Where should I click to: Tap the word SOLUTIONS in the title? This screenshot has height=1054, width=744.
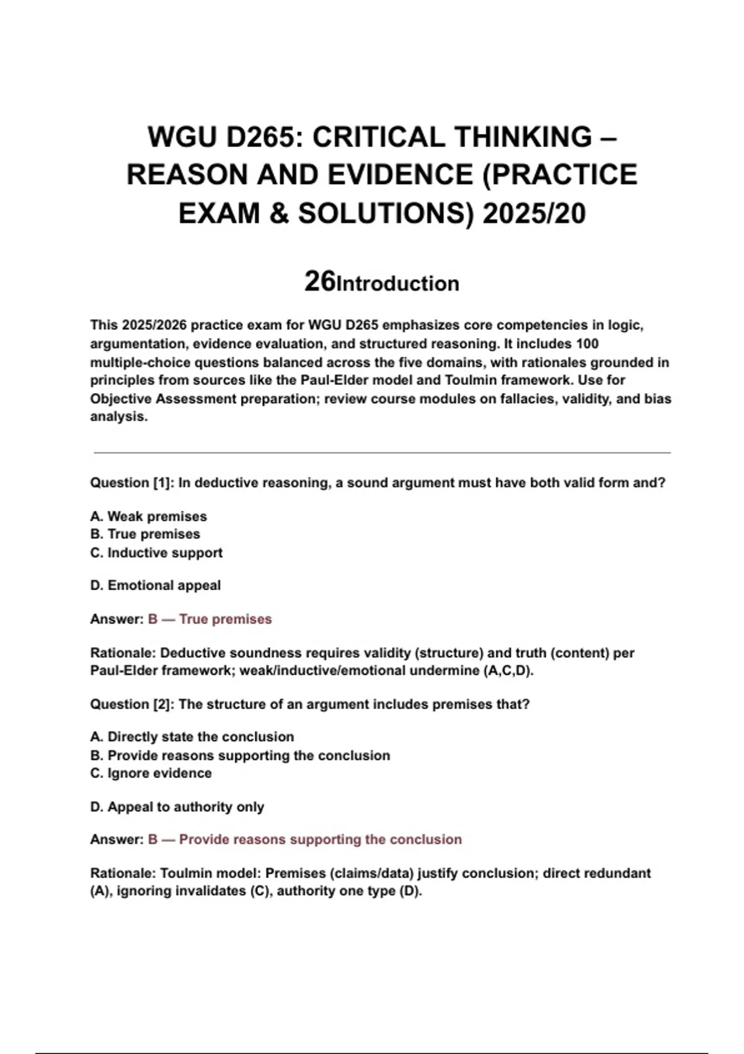point(381,213)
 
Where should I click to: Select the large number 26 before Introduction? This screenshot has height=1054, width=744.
point(319,281)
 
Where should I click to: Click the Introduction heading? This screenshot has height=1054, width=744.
point(397,284)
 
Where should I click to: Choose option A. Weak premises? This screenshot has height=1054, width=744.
point(149,516)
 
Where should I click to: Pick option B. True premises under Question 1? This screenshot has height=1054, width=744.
point(145,534)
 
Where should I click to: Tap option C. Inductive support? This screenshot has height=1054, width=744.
point(156,552)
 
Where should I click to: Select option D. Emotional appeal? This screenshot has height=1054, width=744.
point(156,585)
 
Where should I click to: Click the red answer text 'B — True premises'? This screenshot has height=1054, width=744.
point(210,619)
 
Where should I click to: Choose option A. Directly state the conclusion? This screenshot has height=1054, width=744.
point(192,737)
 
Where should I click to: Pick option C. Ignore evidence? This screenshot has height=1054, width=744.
point(151,773)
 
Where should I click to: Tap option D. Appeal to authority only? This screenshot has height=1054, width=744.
point(177,807)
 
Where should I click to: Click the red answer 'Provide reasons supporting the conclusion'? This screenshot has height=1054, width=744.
point(320,839)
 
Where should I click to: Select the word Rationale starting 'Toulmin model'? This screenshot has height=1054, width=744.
point(123,873)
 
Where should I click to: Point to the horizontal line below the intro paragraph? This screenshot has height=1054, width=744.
point(382,453)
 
